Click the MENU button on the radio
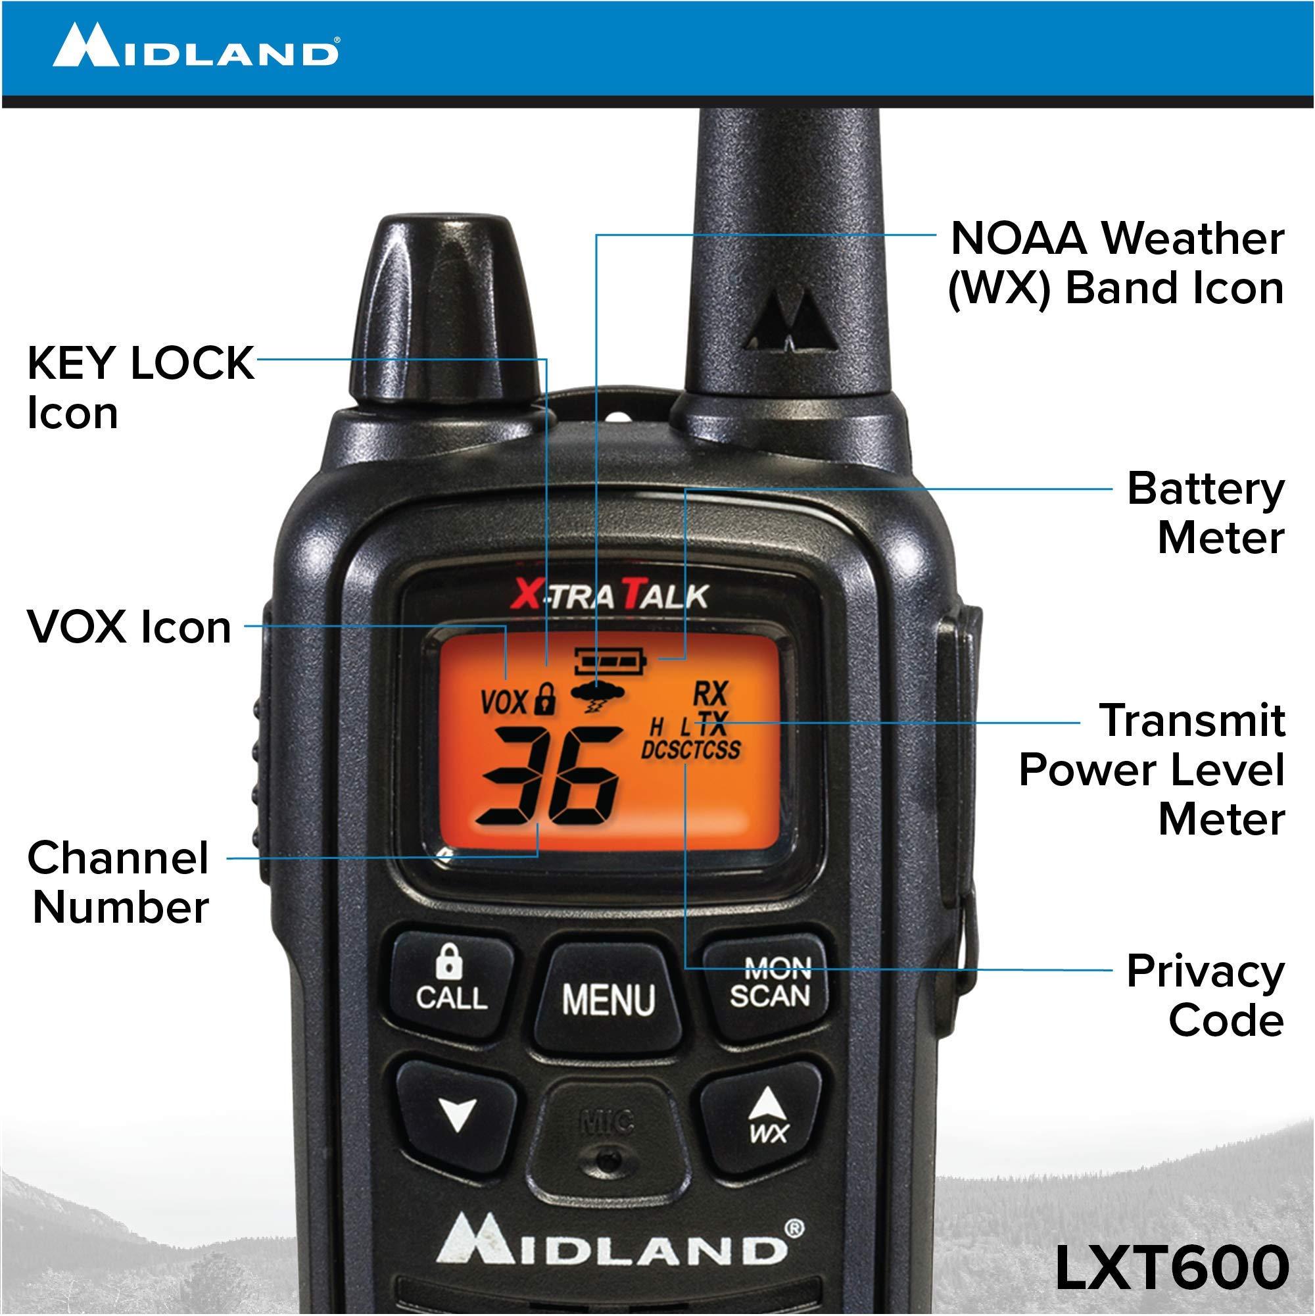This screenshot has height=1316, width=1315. pos(608,999)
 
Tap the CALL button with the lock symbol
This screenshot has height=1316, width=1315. pos(452,981)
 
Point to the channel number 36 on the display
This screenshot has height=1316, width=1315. pos(549,776)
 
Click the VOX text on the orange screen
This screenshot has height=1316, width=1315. pos(504,702)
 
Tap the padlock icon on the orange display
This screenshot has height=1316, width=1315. pos(546,699)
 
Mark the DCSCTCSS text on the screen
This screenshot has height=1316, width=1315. pos(690,750)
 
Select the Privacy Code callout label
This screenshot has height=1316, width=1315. pos(1205,995)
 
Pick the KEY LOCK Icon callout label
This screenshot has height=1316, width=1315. pos(139,387)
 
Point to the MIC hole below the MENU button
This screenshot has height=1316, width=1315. pos(608,1158)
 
